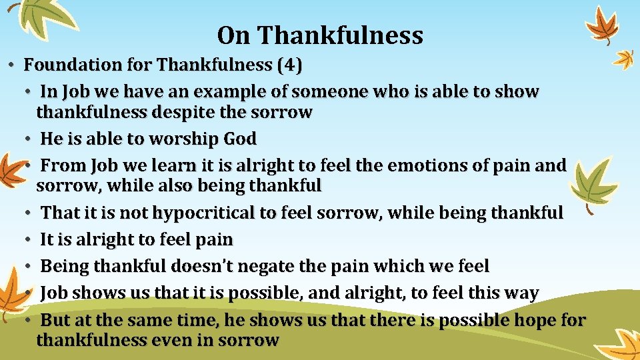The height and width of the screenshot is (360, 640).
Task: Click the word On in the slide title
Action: tap(231, 35)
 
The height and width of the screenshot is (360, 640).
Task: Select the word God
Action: tap(240, 139)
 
